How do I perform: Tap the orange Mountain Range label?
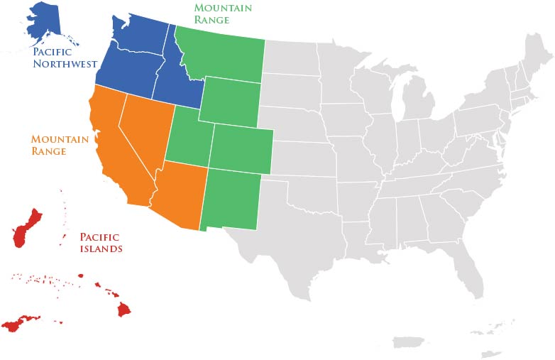59,145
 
